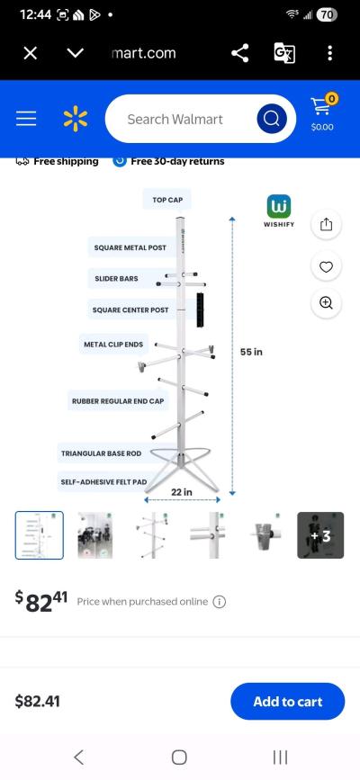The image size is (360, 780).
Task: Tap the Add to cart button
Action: [287, 702]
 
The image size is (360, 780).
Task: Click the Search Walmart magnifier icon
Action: [271, 119]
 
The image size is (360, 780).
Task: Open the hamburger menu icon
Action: [26, 119]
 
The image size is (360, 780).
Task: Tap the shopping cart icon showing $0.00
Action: [321, 113]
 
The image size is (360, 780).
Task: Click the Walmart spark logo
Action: [76, 119]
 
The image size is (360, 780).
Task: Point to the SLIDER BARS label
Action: [116, 279]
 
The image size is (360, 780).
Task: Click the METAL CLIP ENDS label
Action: [113, 344]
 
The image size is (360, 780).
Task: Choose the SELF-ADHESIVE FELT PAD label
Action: [104, 482]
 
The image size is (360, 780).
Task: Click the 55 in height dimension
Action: [251, 352]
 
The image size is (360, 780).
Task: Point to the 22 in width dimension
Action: [182, 492]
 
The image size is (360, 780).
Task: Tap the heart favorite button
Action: [326, 266]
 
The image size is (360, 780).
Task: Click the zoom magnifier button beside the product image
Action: [326, 303]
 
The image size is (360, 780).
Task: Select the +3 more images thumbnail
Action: [320, 535]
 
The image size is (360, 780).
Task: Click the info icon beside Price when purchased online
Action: [220, 602]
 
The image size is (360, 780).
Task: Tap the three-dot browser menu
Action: [330, 53]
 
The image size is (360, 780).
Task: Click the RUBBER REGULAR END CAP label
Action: [119, 400]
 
